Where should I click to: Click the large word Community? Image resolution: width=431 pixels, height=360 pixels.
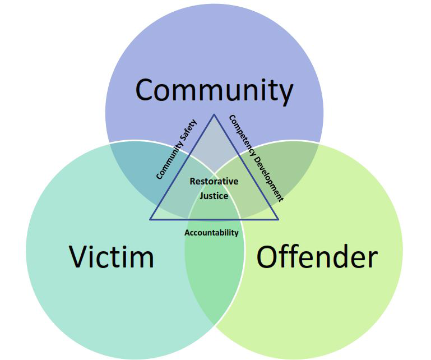click(214, 91)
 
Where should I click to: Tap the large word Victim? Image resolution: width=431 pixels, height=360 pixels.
click(112, 256)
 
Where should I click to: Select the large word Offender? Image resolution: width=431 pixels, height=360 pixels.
click(317, 256)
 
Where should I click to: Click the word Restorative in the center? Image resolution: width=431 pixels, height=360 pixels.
click(214, 181)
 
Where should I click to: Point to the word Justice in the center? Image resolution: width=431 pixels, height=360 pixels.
click(214, 196)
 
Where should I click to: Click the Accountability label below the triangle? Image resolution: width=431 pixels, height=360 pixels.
click(211, 233)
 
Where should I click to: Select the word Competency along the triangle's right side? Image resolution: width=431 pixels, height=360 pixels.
click(242, 134)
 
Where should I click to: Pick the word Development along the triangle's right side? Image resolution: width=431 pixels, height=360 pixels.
click(268, 178)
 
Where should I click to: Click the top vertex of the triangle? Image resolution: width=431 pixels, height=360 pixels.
click(214, 114)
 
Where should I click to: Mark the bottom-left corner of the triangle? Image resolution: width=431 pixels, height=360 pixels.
click(150, 220)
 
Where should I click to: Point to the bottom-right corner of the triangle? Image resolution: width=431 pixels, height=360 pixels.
click(279, 220)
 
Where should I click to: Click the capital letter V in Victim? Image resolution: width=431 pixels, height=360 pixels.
click(78, 256)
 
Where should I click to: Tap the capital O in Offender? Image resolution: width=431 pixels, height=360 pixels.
click(267, 256)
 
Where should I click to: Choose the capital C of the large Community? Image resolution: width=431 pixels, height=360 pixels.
click(145, 90)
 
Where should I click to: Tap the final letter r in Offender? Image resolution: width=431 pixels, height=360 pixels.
click(373, 259)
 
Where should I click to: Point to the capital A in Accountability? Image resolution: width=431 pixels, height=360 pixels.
click(187, 233)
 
